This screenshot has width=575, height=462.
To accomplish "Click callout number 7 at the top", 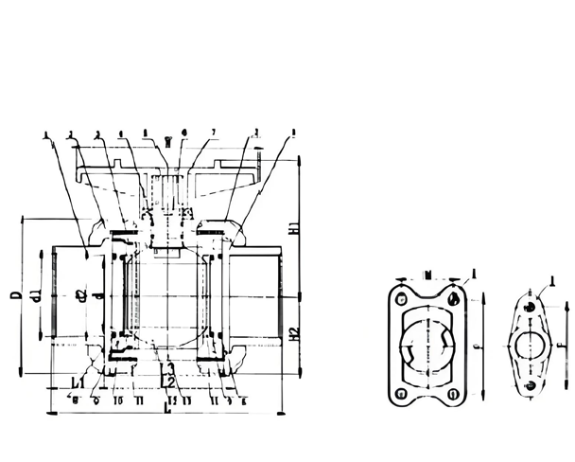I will (x=215, y=132).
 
